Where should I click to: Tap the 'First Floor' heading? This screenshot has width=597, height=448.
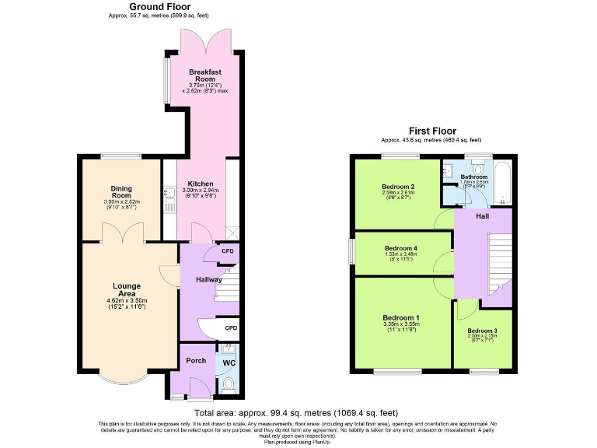(x=432, y=131)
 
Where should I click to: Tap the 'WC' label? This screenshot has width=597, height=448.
(x=229, y=363)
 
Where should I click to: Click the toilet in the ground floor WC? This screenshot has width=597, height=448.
(x=228, y=383)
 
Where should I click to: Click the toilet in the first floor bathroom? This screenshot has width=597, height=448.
(x=479, y=167)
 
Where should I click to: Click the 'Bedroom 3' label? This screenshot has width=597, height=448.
(x=482, y=331)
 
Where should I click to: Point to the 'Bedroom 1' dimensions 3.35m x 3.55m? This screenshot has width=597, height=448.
(x=400, y=325)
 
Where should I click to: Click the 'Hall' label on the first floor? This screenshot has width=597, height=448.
(x=483, y=217)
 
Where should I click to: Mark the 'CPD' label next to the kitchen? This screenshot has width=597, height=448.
(x=228, y=251)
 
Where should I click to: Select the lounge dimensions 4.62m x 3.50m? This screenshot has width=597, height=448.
(x=126, y=299)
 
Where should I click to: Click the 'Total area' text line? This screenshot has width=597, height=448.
(x=297, y=412)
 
